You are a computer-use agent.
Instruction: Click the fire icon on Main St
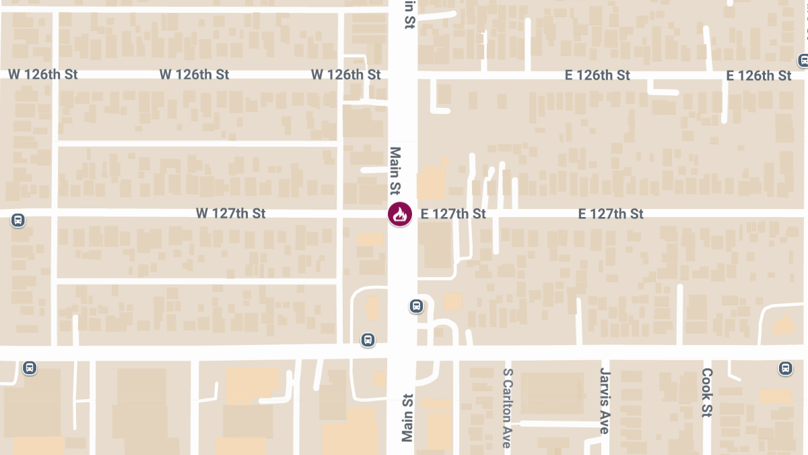tap(400, 214)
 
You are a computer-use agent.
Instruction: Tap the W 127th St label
tap(231, 214)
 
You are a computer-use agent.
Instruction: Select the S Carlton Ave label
tap(508, 408)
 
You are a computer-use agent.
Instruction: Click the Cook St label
tap(706, 392)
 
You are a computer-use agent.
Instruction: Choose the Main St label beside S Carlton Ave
tap(407, 418)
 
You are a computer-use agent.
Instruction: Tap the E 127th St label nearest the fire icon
tap(453, 214)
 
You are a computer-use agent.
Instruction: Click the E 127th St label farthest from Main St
tap(611, 214)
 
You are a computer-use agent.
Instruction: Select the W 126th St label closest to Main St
tap(346, 74)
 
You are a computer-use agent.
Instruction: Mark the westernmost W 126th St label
tap(43, 74)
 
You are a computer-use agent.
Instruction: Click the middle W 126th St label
tap(194, 74)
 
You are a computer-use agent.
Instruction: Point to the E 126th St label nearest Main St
tap(597, 75)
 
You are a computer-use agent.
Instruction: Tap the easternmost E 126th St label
tap(759, 75)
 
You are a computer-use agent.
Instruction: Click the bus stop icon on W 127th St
tap(18, 220)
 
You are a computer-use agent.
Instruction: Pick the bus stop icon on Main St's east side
tap(417, 307)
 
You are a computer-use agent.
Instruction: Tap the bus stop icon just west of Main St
tap(368, 339)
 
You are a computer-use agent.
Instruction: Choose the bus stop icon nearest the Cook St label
tap(785, 368)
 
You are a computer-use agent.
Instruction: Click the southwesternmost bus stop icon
tap(29, 368)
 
